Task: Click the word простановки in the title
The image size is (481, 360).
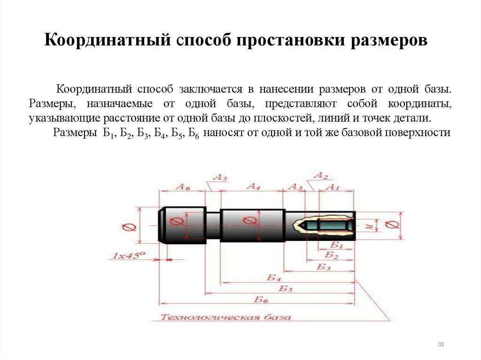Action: (x=285, y=40)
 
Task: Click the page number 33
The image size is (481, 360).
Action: (x=441, y=345)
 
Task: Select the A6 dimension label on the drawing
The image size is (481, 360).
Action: (x=183, y=186)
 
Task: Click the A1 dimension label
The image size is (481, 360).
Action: (x=332, y=187)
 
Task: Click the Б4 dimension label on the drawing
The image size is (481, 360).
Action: (x=274, y=277)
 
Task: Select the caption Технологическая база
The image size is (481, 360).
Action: (x=225, y=317)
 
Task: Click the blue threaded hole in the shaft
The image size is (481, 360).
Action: (x=334, y=225)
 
